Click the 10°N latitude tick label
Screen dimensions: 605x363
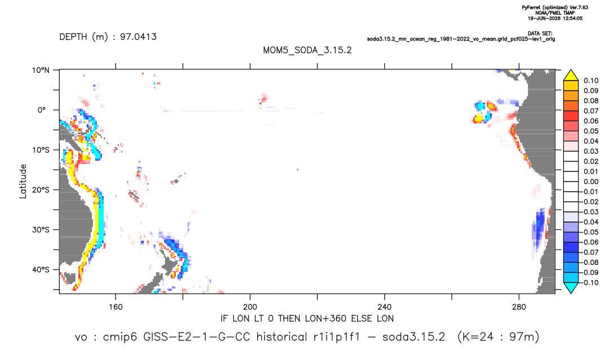tap(41, 70)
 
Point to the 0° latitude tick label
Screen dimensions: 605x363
tap(42, 110)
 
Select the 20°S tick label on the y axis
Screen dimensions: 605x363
tap(41, 189)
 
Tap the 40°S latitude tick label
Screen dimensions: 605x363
tap(41, 269)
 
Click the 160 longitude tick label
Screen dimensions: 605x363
tap(115, 307)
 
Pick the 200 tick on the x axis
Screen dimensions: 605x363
tap(250, 307)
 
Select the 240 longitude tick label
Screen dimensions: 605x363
tap(385, 307)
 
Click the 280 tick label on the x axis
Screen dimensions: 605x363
tap(519, 307)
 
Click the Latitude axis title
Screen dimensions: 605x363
tap(23, 181)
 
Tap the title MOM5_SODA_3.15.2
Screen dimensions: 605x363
tap(307, 51)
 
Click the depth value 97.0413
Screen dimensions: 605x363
tap(138, 37)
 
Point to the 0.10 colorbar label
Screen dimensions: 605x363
tap(591, 81)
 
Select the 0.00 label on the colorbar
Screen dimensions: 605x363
tap(591, 181)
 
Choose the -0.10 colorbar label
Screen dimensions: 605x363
tap(589, 282)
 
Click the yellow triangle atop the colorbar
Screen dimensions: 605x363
tap(571, 75)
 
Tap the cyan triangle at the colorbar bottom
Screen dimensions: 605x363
tap(571, 287)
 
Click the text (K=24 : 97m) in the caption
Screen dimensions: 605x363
tap(498, 337)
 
